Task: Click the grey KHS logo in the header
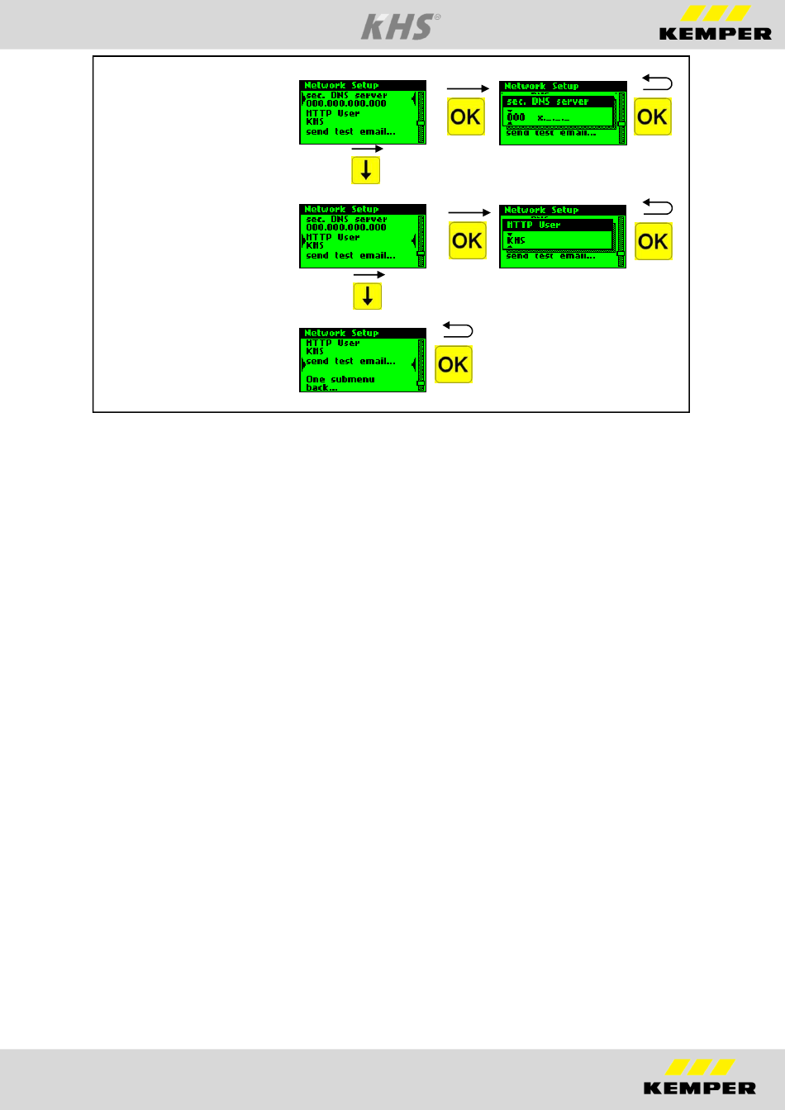(x=397, y=26)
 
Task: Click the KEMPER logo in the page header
(x=715, y=24)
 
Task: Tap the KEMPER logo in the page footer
(x=700, y=1077)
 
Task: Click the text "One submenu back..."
(x=340, y=383)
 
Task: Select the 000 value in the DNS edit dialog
(x=516, y=117)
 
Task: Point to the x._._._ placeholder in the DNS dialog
(x=553, y=118)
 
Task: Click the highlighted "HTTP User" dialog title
(x=534, y=225)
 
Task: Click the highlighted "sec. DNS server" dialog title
(x=547, y=102)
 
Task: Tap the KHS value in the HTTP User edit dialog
(x=516, y=240)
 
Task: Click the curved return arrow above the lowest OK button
(x=458, y=330)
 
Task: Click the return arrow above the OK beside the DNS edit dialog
(x=658, y=83)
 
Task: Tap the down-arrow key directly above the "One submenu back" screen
(x=367, y=296)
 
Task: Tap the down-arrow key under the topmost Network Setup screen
(x=365, y=171)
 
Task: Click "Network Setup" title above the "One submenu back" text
(x=341, y=333)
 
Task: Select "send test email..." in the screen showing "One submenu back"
(x=350, y=362)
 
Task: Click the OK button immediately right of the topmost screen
(x=466, y=116)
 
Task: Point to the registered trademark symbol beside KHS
(x=437, y=17)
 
